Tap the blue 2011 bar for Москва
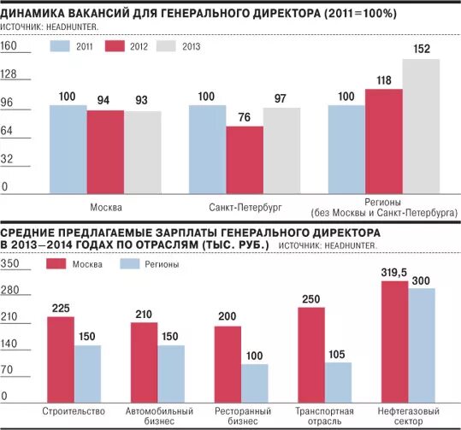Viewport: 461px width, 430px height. [68, 150]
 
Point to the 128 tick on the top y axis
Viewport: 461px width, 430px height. [10, 75]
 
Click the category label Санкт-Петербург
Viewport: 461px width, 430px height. [245, 208]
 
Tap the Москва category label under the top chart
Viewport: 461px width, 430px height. [104, 208]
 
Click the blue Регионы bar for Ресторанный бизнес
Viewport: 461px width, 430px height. [255, 383]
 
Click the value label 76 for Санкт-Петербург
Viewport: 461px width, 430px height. [245, 117]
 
